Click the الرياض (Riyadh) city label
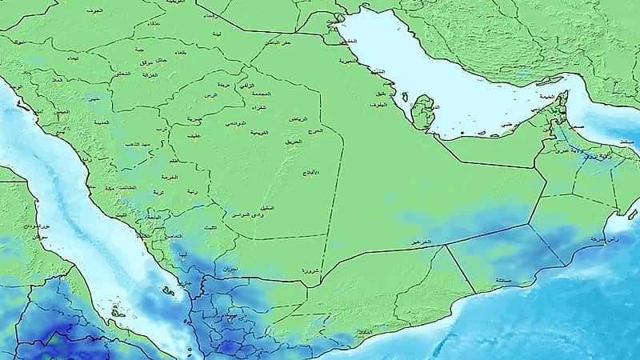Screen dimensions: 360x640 click(x=298, y=119)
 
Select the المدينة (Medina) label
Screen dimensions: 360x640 click(x=102, y=122)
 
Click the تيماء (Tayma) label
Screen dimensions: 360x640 click(x=70, y=58)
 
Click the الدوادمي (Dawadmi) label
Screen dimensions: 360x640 click(x=235, y=123)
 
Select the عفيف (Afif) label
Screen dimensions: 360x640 click(x=194, y=136)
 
